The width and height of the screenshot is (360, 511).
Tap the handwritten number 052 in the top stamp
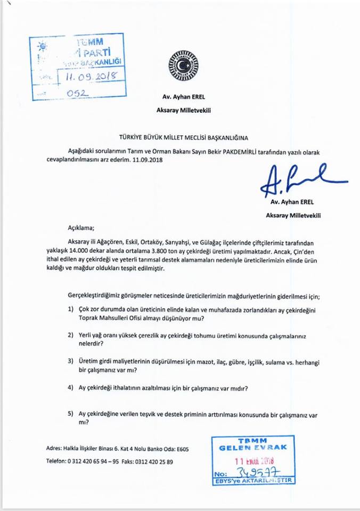(x=77, y=93)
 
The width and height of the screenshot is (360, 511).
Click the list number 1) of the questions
(x=70, y=309)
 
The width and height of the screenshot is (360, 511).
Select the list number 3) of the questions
(x=70, y=361)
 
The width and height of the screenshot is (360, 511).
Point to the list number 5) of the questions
(x=70, y=413)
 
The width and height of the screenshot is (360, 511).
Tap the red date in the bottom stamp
(x=253, y=458)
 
